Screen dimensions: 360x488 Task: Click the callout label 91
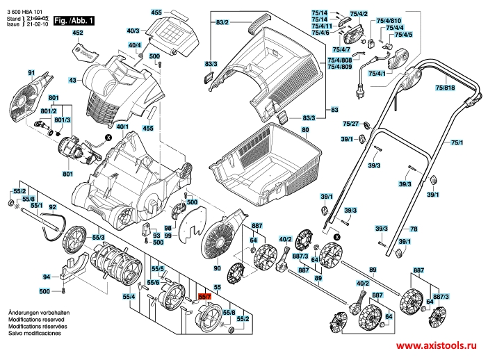tap(31, 73)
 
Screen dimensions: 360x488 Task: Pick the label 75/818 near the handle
tap(444, 88)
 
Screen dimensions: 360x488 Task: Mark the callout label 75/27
tap(350, 124)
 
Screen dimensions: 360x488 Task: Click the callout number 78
tap(413, 229)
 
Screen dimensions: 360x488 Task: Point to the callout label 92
tap(51, 208)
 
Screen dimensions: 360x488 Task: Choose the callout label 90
tap(217, 268)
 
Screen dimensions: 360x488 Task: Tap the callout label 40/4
tap(134, 45)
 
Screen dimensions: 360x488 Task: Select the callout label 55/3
tap(99, 238)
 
